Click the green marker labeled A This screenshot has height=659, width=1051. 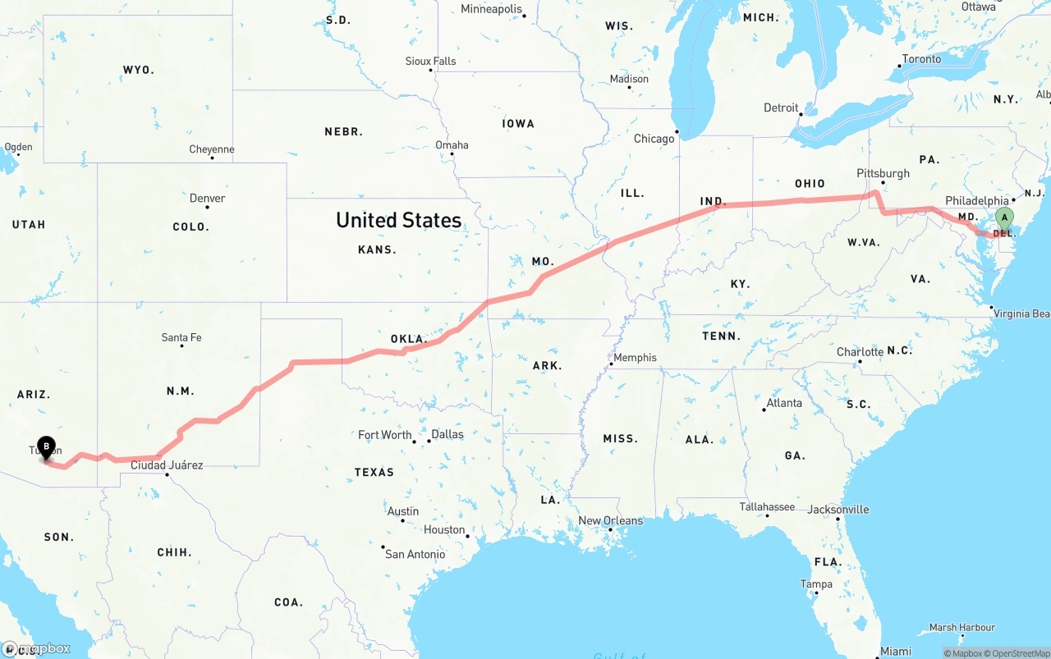click(x=1003, y=218)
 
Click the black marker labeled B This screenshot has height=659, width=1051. click(x=46, y=447)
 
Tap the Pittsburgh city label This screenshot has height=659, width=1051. click(x=883, y=173)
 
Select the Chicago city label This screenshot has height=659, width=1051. click(x=654, y=139)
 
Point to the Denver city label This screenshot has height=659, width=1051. click(x=207, y=198)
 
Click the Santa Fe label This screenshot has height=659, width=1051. click(x=181, y=337)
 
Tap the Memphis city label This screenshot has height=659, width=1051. click(x=635, y=357)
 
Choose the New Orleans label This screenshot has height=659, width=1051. click(x=611, y=520)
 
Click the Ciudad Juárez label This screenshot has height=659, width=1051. click(x=167, y=465)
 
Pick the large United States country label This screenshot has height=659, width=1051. click(x=398, y=220)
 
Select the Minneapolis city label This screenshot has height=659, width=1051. click(x=491, y=9)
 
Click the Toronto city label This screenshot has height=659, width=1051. click(x=921, y=59)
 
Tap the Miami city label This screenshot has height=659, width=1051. click(x=895, y=651)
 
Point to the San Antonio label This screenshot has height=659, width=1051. click(x=415, y=554)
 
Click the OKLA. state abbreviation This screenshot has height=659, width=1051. click(x=409, y=339)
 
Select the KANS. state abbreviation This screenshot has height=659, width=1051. click(x=378, y=249)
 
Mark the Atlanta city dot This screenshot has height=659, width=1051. click(x=764, y=410)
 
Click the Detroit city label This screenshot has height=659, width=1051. click(x=781, y=108)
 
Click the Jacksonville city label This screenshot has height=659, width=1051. click(x=838, y=509)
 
